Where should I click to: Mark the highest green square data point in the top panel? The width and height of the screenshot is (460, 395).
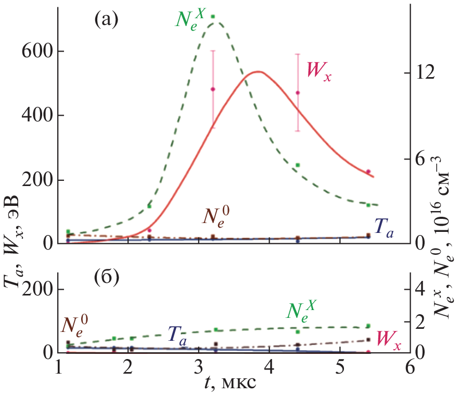click(x=213, y=17)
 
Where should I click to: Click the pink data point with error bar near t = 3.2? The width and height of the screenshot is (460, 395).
click(x=213, y=89)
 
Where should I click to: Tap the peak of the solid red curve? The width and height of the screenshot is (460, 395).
click(x=259, y=72)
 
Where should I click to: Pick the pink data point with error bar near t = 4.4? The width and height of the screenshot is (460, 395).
click(x=298, y=93)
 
